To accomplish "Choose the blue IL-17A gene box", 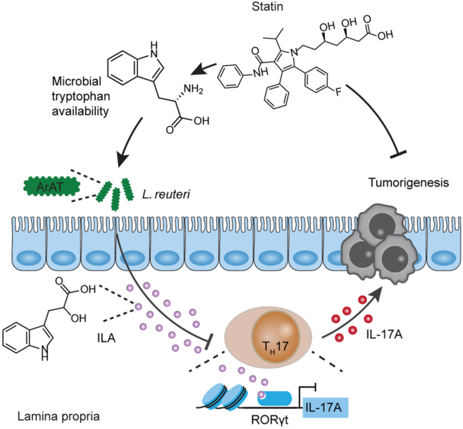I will coord(325,405).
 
